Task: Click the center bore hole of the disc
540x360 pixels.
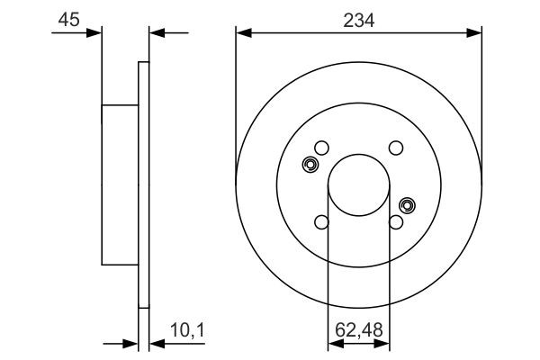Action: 359,185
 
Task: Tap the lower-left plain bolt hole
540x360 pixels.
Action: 322,222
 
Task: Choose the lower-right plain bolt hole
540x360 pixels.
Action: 395,222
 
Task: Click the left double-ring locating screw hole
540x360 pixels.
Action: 310,165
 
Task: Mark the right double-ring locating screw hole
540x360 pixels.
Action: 407,205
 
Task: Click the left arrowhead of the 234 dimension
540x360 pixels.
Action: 241,33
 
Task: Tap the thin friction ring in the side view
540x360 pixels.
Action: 142,185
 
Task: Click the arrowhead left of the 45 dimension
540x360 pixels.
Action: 95,33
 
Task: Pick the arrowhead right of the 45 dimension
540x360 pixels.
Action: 154,33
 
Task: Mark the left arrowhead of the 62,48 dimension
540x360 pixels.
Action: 332,342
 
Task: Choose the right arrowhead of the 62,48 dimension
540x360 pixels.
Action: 385,342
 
